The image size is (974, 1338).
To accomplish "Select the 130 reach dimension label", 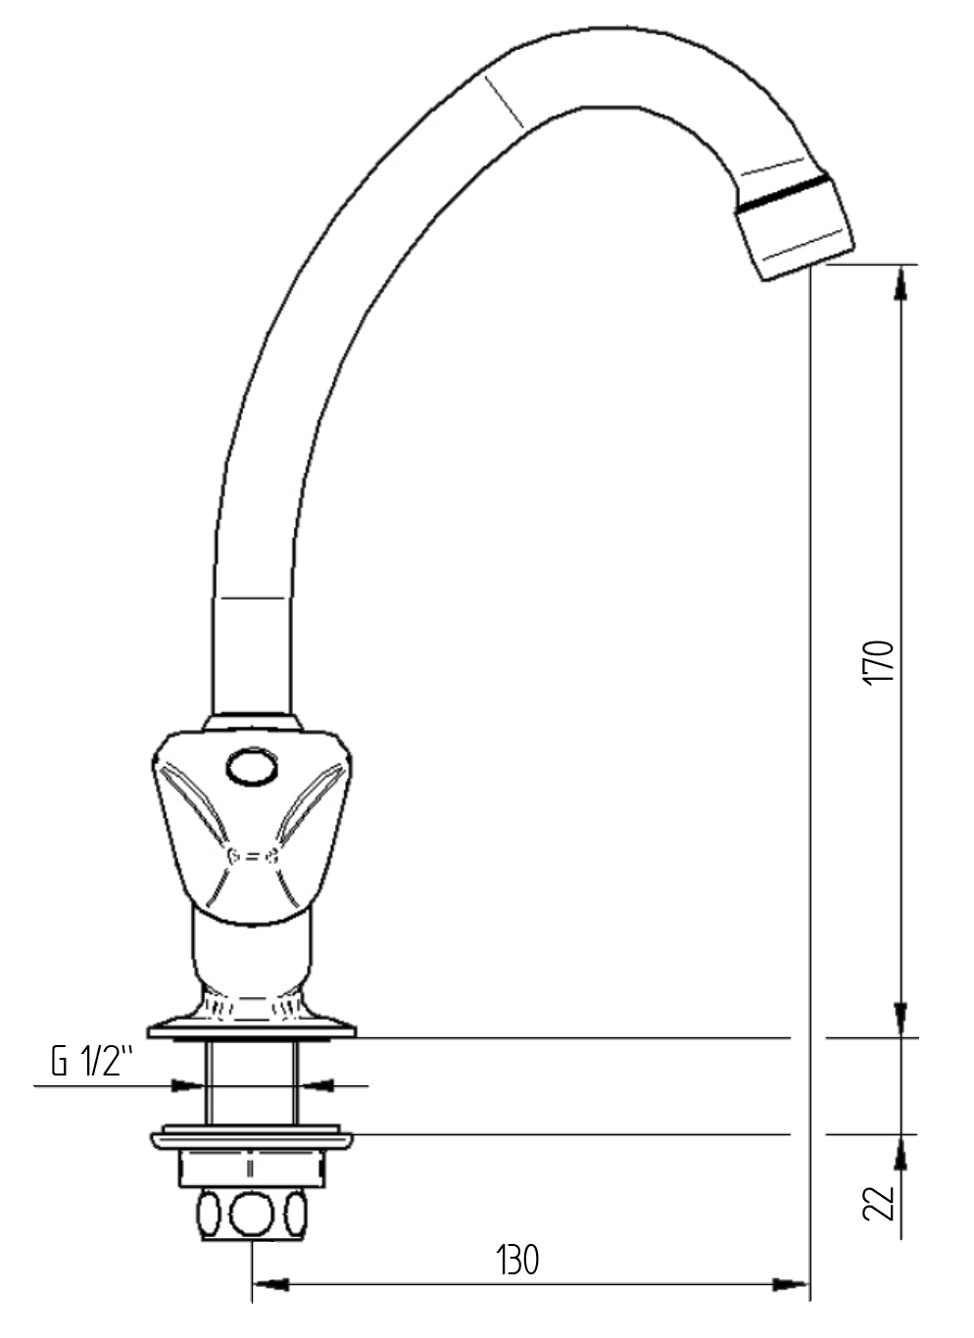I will coord(517,1260).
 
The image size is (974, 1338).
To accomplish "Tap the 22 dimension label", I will coord(880,1202).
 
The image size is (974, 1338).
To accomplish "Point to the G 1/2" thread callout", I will coord(92,1062).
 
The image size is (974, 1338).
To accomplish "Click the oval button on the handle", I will coord(252,766).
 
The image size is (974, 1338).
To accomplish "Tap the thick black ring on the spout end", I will coord(784,194).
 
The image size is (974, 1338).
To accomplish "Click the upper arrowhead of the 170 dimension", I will coord(901,283).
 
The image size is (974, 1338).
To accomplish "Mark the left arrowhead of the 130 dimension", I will coord(270,1284).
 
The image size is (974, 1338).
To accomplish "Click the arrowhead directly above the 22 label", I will coord(901,1153).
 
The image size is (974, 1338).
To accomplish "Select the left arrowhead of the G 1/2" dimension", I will coord(189,1085).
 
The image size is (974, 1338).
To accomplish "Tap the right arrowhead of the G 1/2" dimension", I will coord(316,1085).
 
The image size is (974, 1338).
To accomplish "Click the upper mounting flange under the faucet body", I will coord(252,1028).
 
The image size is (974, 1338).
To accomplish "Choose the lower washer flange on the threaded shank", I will coord(252,1139).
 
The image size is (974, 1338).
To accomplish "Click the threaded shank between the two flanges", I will coord(252,1082).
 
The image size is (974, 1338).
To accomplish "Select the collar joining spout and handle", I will coord(252,723).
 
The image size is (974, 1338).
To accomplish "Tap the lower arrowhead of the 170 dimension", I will coord(901,1019).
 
